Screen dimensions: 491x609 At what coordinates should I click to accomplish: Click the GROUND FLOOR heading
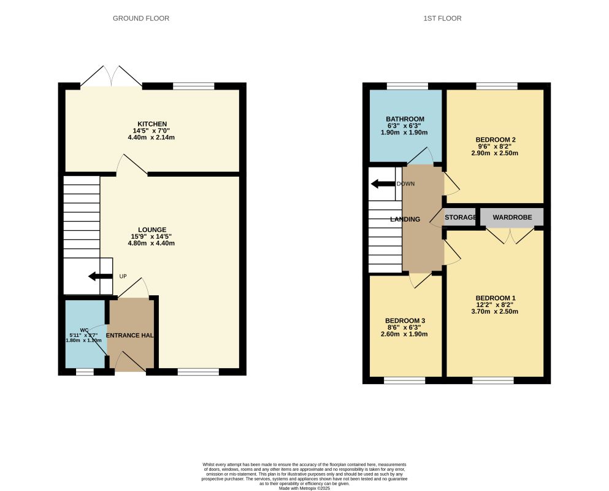pyautogui.click(x=140, y=18)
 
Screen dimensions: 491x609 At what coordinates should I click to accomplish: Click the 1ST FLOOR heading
pyautogui.click(x=442, y=18)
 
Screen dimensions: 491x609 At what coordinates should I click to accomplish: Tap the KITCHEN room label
pyautogui.click(x=152, y=124)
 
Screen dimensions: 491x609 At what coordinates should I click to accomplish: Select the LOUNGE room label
pyautogui.click(x=151, y=230)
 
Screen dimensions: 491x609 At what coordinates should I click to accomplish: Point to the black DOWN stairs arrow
pyautogui.click(x=383, y=184)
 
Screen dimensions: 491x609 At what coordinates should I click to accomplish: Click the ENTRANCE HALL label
pyautogui.click(x=129, y=336)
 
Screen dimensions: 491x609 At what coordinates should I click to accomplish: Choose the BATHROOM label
pyautogui.click(x=405, y=119)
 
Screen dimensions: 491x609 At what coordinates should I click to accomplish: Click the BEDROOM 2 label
pyautogui.click(x=495, y=140)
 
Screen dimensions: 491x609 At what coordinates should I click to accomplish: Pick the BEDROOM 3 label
pyautogui.click(x=405, y=321)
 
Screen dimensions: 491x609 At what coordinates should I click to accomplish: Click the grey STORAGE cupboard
pyautogui.click(x=460, y=217)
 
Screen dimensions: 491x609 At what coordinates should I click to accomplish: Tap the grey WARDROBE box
pyautogui.click(x=512, y=217)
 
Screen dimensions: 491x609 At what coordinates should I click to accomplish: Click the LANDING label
pyautogui.click(x=405, y=219)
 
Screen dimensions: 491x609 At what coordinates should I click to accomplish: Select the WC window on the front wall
pyautogui.click(x=85, y=371)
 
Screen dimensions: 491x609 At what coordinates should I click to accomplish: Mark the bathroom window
pyautogui.click(x=407, y=87)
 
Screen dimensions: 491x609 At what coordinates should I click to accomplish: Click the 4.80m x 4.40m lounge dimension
pyautogui.click(x=151, y=243)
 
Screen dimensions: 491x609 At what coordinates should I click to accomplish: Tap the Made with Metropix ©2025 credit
pyautogui.click(x=304, y=488)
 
